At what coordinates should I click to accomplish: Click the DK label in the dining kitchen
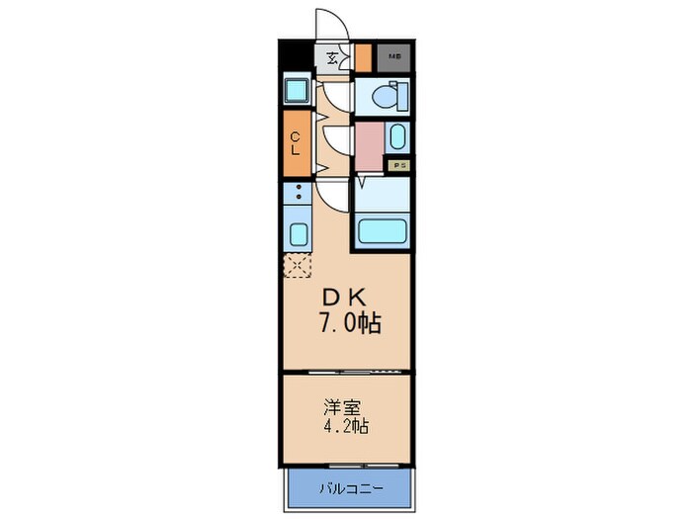(x=344, y=296)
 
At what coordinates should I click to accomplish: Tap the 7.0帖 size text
(x=348, y=322)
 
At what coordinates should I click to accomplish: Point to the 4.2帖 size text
(x=345, y=428)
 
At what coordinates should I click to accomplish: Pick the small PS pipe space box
(x=399, y=166)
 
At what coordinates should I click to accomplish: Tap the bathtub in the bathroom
(x=383, y=233)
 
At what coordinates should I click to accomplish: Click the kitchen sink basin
(x=297, y=234)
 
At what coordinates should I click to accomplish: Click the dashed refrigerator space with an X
(x=297, y=264)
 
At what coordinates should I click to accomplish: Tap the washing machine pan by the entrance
(x=296, y=92)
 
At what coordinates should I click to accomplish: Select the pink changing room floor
(x=369, y=146)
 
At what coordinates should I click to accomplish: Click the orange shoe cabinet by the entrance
(x=363, y=58)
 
